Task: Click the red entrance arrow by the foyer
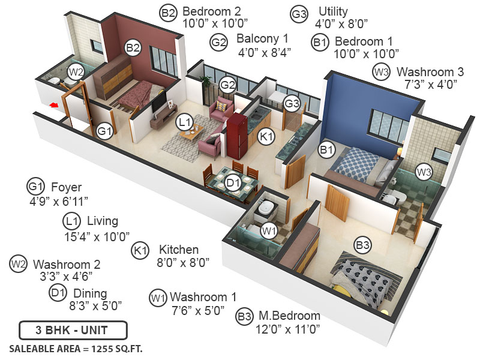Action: coord(55,106)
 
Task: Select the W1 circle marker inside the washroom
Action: coord(268,230)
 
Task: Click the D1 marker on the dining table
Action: coord(233,182)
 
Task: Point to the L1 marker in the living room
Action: coord(184,122)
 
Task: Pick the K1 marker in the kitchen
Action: coord(266,137)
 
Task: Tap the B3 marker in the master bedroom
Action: coord(362,245)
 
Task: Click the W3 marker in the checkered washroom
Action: coord(424,173)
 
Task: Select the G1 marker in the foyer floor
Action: coord(105,131)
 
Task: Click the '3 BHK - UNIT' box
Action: coord(73,331)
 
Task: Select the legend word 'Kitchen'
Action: coord(178,249)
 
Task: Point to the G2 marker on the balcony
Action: coord(226,84)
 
